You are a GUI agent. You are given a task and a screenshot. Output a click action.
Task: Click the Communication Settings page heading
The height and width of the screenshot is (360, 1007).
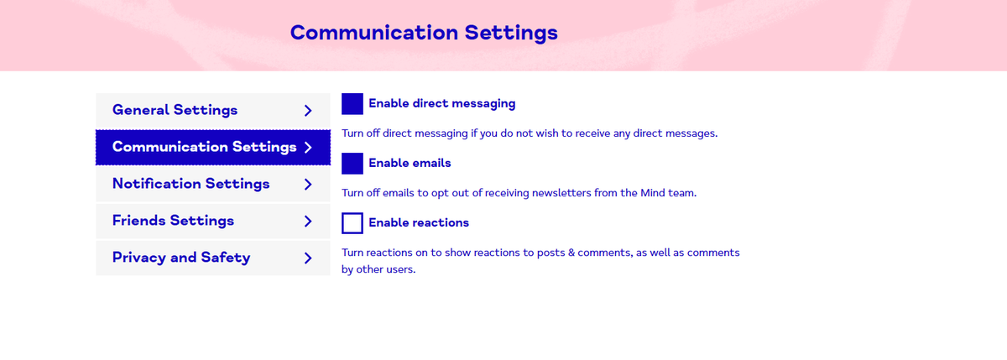424,33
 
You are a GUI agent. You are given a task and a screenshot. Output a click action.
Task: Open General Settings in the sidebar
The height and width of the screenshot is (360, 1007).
213,111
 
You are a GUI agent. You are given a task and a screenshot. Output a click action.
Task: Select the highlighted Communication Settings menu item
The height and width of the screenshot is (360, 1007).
213,148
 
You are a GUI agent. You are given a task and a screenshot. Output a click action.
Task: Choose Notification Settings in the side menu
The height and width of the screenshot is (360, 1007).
213,185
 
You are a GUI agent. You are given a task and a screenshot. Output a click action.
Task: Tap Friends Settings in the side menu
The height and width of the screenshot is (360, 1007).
213,222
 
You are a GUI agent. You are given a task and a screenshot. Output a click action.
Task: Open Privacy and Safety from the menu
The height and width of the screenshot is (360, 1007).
213,258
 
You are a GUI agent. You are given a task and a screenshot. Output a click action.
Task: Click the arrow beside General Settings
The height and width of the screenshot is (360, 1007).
308,111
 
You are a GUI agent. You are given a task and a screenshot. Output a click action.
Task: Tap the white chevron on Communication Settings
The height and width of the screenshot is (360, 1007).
308,148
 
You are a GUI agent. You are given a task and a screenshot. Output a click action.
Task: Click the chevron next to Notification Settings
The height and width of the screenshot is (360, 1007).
308,185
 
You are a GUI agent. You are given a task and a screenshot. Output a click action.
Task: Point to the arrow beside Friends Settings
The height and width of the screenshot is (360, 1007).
308,222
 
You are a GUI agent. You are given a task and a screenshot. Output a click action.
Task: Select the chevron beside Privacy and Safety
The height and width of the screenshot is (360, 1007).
308,258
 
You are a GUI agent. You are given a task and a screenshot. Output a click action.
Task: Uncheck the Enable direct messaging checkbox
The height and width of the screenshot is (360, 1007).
352,104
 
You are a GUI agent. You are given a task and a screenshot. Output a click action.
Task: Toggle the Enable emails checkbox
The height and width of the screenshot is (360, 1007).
352,164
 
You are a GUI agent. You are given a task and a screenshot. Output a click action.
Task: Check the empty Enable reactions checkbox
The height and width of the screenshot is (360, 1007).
352,223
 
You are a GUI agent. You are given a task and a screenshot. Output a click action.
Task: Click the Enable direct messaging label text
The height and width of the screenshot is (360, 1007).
442,104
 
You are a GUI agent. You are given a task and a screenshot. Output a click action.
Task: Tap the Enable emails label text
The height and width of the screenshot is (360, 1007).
410,163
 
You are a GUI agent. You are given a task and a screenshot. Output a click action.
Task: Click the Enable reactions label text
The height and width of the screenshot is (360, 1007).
419,223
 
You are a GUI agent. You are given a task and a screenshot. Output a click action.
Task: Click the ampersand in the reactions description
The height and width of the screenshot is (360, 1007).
571,253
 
